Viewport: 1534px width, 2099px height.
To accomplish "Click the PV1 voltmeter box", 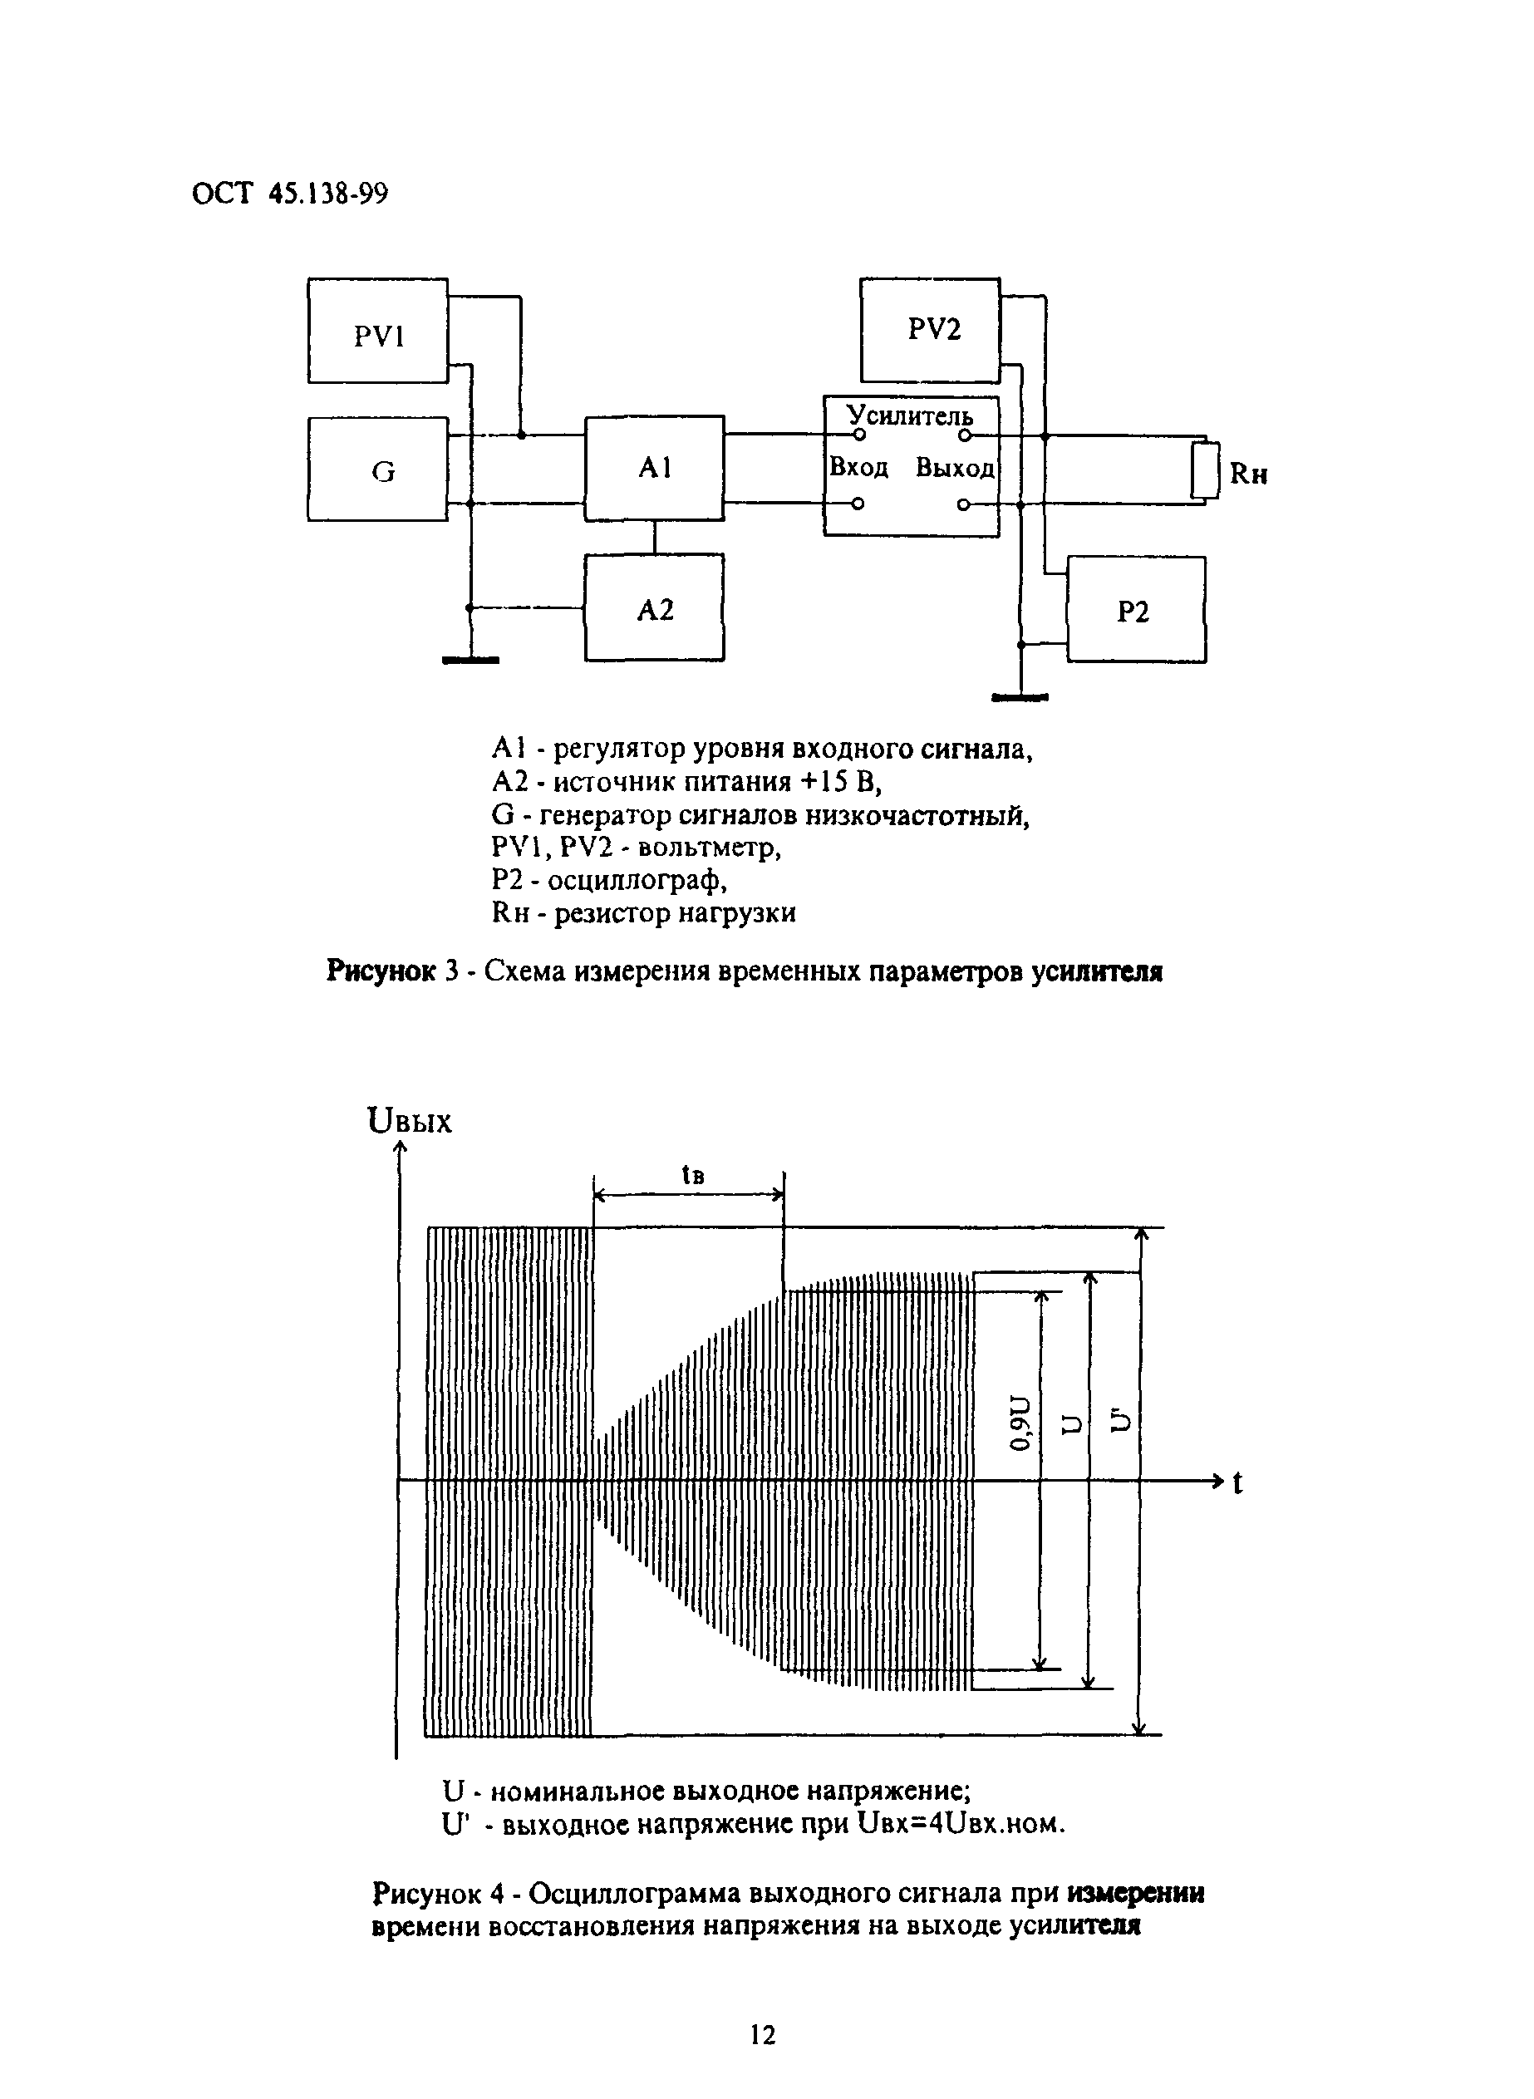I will (378, 331).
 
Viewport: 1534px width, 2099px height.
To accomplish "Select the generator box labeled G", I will (378, 469).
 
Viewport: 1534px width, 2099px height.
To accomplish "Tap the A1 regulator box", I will (655, 468).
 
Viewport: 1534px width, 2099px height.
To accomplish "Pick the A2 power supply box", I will (655, 608).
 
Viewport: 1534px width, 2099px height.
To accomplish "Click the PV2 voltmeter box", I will (931, 330).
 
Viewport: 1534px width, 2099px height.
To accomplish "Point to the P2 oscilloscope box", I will (1136, 610).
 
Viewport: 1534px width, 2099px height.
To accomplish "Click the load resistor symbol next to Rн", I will (1205, 470).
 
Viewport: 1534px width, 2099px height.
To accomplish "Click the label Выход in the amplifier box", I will (955, 467).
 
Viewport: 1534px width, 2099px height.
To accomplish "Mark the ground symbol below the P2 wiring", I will (1020, 696).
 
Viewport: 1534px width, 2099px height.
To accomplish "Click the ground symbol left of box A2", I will (471, 660).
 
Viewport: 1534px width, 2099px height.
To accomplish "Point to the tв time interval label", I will (693, 1175).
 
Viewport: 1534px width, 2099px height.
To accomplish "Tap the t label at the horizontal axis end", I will (1237, 1482).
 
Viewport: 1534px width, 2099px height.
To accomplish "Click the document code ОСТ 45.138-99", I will (290, 193).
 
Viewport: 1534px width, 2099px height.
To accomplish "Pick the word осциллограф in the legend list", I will (637, 879).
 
